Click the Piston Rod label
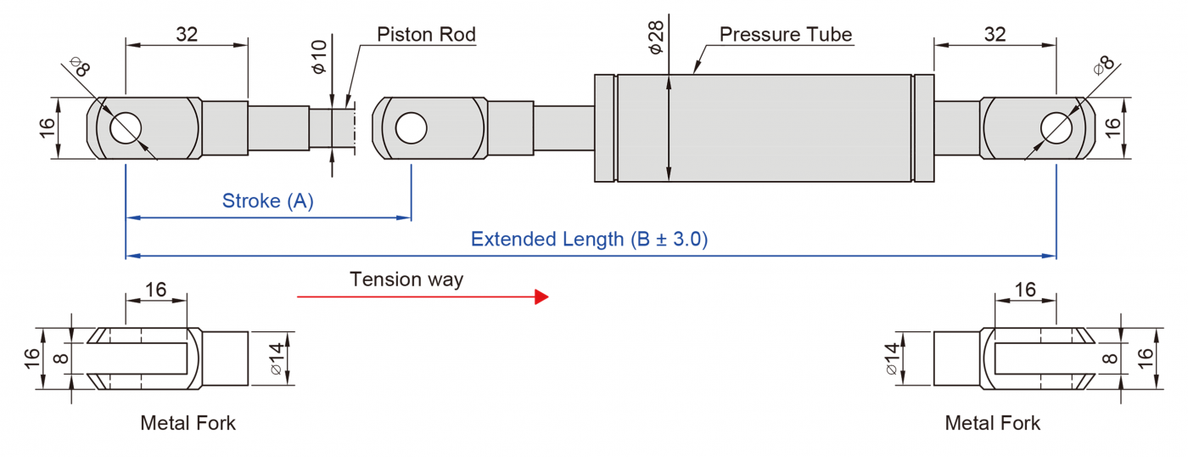[x=426, y=35]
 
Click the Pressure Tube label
[x=785, y=35]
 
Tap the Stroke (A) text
[x=267, y=201]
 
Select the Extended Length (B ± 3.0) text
[x=589, y=239]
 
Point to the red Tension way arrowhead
[x=541, y=296]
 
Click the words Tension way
[x=406, y=279]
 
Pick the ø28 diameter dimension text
[x=656, y=38]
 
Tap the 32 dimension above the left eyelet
[x=187, y=35]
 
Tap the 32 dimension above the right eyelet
[x=995, y=35]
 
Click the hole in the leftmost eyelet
[x=126, y=127]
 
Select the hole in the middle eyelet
[x=411, y=127]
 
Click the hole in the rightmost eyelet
[x=1056, y=127]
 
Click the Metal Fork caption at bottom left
[x=188, y=422]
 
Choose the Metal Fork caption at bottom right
[x=992, y=422]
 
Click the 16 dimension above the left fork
[x=155, y=290]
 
